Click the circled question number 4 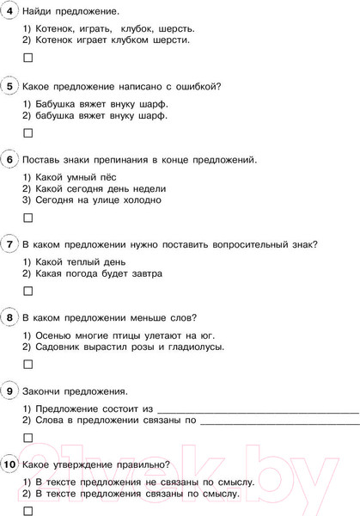(x=9, y=11)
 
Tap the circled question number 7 (x=9, y=244)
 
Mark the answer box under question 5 (x=27, y=132)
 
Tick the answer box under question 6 (x=27, y=218)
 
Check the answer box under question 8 (x=27, y=364)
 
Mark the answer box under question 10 (x=27, y=510)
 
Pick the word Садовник (x=59, y=347)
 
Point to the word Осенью (x=52, y=335)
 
